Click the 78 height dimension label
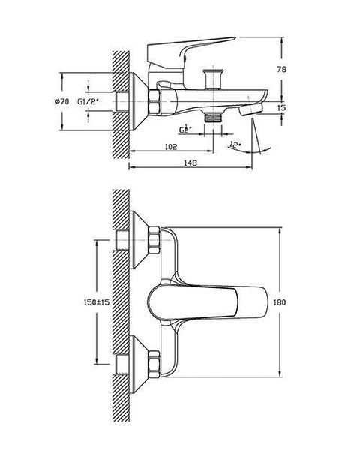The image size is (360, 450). pyautogui.click(x=282, y=70)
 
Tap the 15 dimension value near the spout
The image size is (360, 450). pyautogui.click(x=282, y=107)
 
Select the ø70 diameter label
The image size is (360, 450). pyautogui.click(x=62, y=101)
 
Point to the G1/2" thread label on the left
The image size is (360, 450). pyautogui.click(x=88, y=101)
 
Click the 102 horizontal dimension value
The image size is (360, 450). pyautogui.click(x=171, y=147)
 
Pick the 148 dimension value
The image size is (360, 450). pyautogui.click(x=190, y=163)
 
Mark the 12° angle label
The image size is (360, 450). pyautogui.click(x=235, y=145)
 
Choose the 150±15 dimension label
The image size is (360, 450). pyautogui.click(x=97, y=302)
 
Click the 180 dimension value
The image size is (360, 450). pyautogui.click(x=279, y=302)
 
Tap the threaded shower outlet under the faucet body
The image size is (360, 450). pyautogui.click(x=213, y=117)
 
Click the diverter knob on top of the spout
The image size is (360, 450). pyautogui.click(x=213, y=79)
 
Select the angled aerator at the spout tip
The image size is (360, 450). pyautogui.click(x=250, y=109)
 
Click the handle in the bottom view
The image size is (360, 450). pyautogui.click(x=207, y=302)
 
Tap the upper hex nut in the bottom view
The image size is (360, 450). pyautogui.click(x=154, y=240)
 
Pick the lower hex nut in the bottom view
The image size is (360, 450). pyautogui.click(x=154, y=364)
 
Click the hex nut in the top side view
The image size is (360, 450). pyautogui.click(x=155, y=101)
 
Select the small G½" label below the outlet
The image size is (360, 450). pyautogui.click(x=185, y=130)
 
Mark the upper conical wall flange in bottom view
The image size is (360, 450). pyautogui.click(x=139, y=240)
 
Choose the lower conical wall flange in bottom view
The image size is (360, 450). pyautogui.click(x=139, y=364)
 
